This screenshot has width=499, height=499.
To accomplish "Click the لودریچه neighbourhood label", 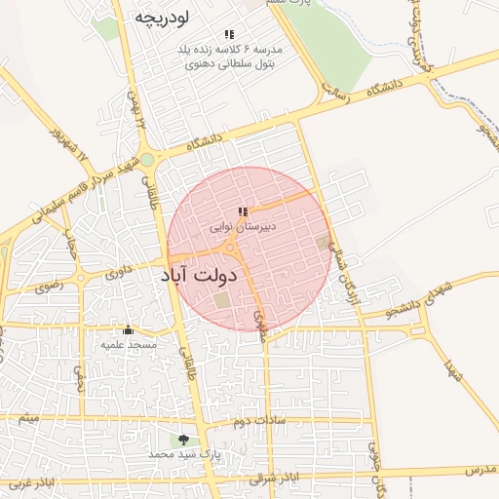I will (162, 17).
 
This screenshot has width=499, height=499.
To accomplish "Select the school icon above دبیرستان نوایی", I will (244, 211).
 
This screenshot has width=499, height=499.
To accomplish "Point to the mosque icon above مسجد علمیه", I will (127, 329).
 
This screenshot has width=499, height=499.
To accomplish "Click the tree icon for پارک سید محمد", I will (184, 440).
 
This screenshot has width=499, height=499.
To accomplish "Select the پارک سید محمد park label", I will (185, 455).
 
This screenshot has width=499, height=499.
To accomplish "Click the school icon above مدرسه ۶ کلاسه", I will (229, 34).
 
